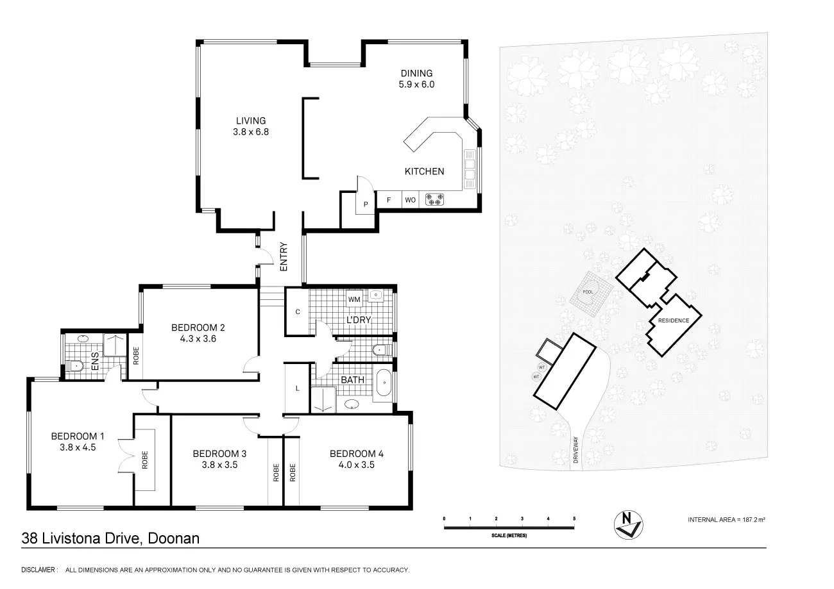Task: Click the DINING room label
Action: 416,73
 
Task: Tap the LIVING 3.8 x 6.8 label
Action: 251,126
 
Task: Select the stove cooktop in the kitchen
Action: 434,199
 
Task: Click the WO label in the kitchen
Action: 411,200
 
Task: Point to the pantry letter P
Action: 366,204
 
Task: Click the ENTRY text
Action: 284,256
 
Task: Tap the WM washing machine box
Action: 354,299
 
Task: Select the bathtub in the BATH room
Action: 384,383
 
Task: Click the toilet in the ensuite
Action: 75,366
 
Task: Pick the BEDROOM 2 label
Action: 198,328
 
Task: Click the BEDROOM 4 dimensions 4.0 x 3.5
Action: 356,465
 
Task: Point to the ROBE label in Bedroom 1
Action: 145,460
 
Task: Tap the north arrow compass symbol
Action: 629,525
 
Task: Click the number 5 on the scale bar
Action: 574,518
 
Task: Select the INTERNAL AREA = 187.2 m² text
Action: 726,520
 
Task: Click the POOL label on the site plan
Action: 588,292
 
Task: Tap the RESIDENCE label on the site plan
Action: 674,320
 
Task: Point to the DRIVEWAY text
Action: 575,450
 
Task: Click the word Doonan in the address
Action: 174,538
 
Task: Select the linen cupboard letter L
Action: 298,388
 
